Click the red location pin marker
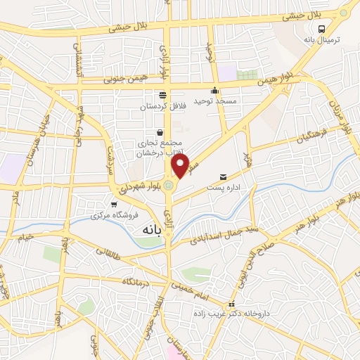[181, 166]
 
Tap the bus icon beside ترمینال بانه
[321, 29]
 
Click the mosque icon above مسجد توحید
[214, 91]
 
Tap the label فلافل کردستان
[163, 106]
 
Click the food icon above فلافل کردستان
[163, 95]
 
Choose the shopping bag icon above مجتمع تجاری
[160, 131]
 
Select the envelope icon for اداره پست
[224, 177]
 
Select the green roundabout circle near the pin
[168, 186]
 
